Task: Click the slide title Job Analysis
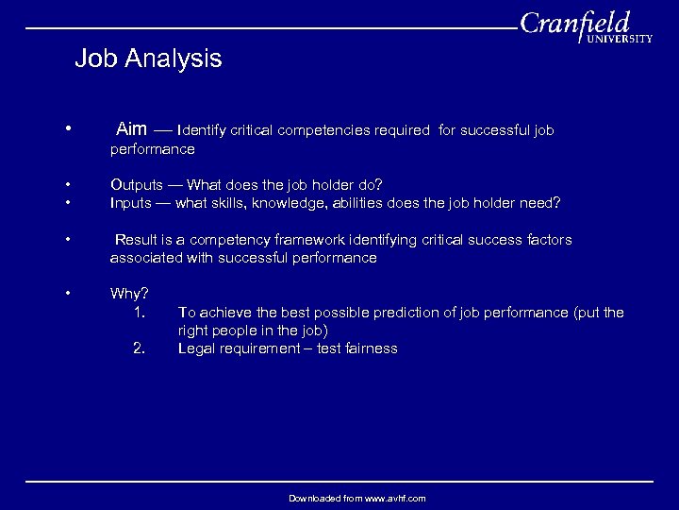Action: pos(148,59)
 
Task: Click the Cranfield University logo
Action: pos(585,27)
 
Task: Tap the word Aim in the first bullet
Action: pos(131,129)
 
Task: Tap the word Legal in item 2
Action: pos(197,348)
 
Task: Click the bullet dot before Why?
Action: pos(69,293)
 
